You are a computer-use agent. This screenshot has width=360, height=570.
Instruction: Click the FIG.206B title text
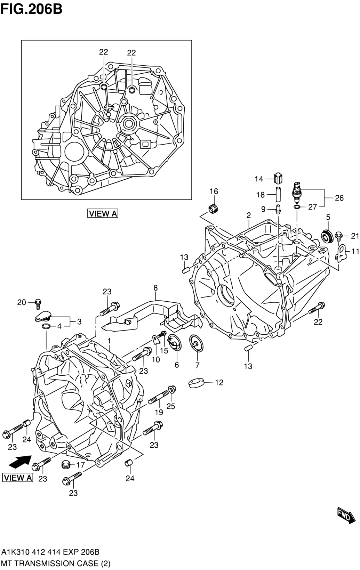pos(31,9)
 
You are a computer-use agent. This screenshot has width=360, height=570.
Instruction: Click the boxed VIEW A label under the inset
pos(103,213)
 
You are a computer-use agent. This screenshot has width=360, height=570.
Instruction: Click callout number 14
pos(259,179)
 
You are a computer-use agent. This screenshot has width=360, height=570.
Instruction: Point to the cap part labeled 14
pos(278,178)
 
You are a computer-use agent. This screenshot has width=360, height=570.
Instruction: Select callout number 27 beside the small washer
pos(312,207)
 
